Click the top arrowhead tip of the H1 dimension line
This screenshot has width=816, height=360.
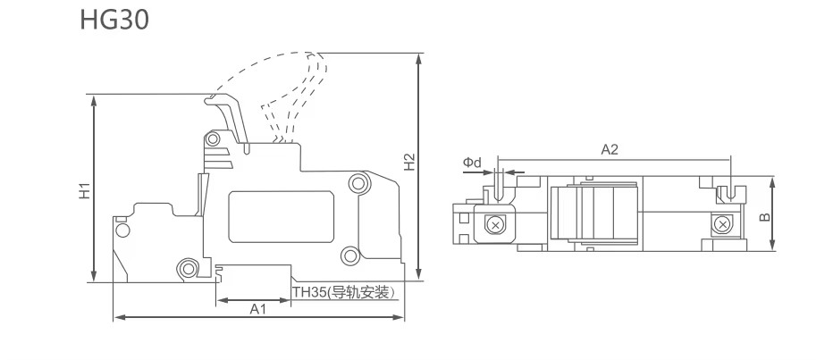(94, 96)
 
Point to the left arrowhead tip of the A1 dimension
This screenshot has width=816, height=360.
(216, 300)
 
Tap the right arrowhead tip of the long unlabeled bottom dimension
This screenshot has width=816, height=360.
(404, 317)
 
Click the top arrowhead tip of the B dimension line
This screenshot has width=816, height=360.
(772, 177)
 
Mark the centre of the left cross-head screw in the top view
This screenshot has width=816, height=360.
(495, 225)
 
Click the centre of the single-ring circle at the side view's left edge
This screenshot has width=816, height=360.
(122, 230)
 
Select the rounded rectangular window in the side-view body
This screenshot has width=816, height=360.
(281, 216)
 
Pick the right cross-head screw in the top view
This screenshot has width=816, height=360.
(721, 224)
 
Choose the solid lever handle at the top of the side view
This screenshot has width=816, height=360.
(227, 119)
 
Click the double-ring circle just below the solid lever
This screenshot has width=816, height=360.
(213, 138)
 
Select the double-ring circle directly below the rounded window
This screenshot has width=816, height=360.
(349, 255)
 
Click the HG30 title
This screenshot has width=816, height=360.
(114, 21)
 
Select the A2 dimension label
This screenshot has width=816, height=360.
(610, 150)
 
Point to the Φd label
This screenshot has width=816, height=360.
(473, 163)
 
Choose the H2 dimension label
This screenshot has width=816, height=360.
(409, 162)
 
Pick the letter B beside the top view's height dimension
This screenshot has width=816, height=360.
(764, 216)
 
